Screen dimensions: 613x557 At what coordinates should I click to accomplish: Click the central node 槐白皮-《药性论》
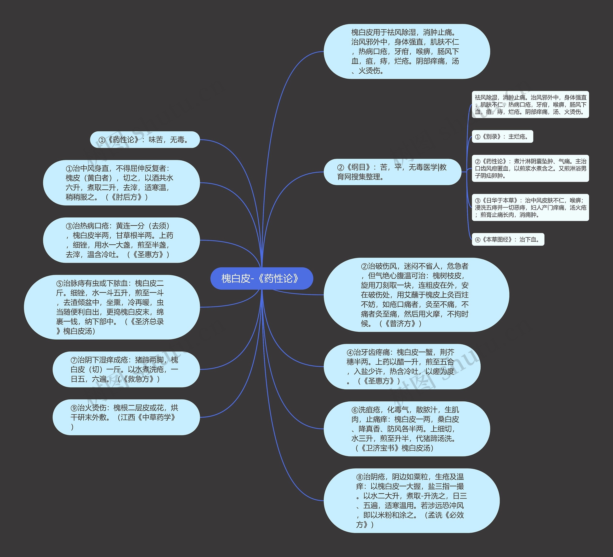coord(261,278)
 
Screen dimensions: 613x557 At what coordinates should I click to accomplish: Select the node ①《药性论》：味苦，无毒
coord(145,140)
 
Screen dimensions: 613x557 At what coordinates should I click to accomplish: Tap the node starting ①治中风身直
coord(121,183)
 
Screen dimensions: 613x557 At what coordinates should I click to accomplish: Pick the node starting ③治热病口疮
coord(121,240)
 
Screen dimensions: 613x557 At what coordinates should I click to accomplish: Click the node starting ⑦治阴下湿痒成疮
coord(126,369)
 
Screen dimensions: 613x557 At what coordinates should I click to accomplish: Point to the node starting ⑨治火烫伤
coord(126,417)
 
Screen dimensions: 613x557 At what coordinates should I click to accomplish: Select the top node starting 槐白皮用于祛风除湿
coord(407,52)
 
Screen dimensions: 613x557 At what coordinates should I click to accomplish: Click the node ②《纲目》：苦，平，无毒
coord(392,172)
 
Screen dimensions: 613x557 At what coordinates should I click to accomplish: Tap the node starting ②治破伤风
coord(416,295)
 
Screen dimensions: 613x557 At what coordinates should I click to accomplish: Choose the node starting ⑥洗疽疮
coord(407,429)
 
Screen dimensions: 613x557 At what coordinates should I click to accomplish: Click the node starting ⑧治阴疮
coord(411,500)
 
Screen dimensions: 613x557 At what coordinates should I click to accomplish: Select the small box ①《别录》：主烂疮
coord(502,137)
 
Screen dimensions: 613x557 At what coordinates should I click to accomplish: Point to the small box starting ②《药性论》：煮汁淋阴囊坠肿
coord(530,168)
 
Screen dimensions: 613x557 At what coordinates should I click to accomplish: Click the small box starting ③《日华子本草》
coord(530,207)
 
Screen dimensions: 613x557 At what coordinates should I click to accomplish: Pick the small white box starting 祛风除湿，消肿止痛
coord(530,105)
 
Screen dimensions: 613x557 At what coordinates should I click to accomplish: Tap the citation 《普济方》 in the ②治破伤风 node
coord(400,323)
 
